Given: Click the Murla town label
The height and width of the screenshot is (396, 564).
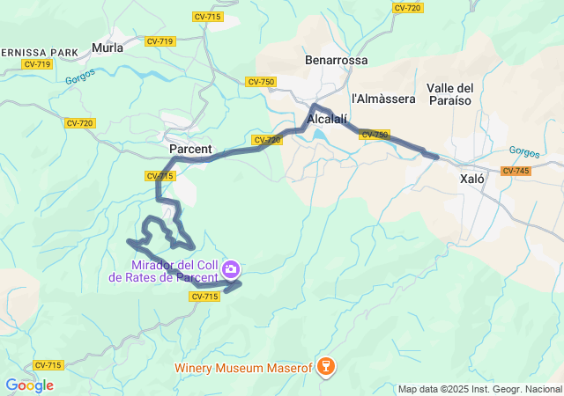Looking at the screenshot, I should (x=108, y=48).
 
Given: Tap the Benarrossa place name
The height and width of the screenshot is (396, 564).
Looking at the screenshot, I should (x=336, y=61).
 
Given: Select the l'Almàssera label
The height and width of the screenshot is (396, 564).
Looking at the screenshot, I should (x=383, y=99).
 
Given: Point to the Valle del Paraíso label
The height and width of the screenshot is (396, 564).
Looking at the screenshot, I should (x=449, y=93).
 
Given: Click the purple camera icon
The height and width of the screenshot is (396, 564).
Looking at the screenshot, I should (x=231, y=268).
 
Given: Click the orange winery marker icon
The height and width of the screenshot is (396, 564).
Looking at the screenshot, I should (x=325, y=365).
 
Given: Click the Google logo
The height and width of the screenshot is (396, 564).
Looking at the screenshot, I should (x=29, y=385).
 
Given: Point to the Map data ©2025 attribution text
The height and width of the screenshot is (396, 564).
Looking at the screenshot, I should (x=479, y=389).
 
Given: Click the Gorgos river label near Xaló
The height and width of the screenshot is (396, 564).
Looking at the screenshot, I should (x=523, y=150).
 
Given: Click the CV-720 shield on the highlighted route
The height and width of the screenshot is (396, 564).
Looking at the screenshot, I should (x=266, y=140).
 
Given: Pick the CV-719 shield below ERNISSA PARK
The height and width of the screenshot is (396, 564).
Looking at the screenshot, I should (x=37, y=63).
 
